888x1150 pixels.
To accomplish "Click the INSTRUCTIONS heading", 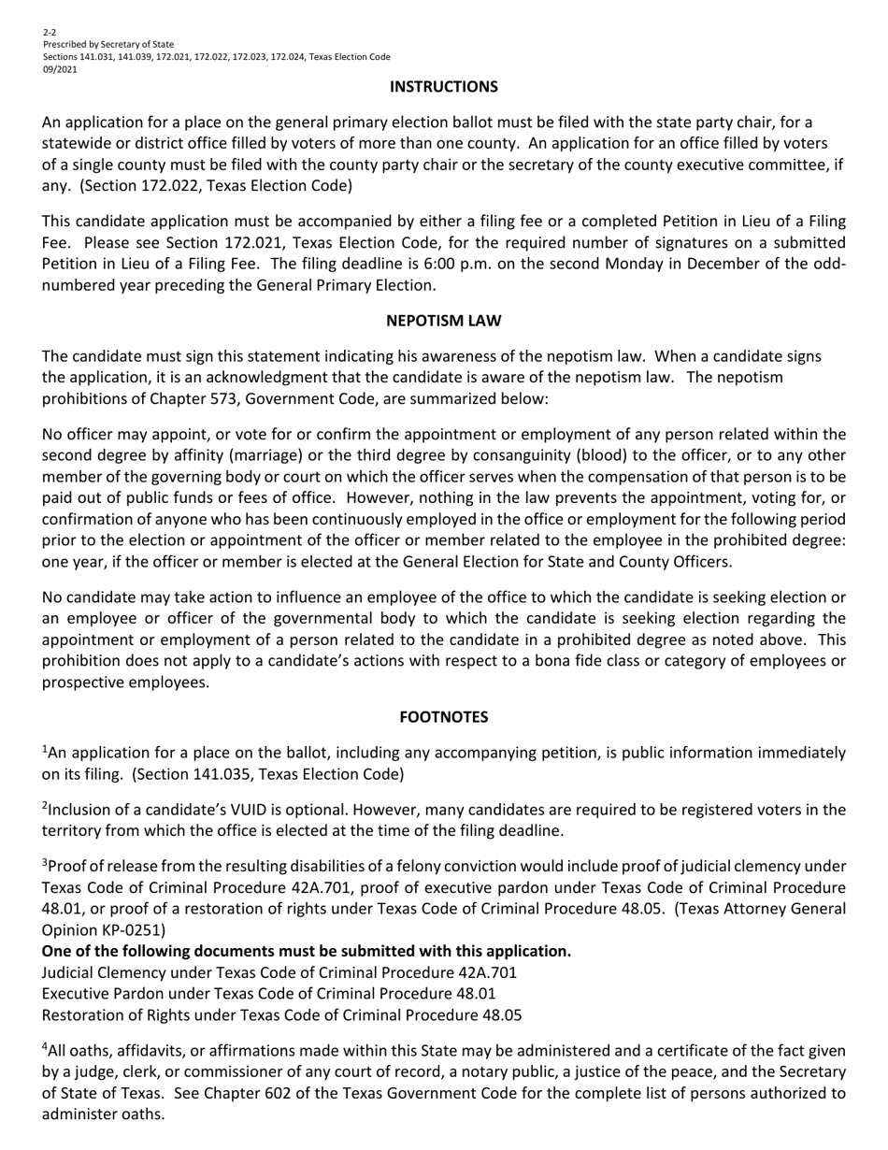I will (x=443, y=87).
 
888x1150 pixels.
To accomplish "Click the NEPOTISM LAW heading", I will (x=443, y=321).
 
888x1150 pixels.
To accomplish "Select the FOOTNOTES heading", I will (x=443, y=717).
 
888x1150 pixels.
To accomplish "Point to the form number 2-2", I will (x=49, y=32).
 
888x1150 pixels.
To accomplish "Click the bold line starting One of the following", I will (x=307, y=951).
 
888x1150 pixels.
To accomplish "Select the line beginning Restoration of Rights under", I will (x=282, y=1014).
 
